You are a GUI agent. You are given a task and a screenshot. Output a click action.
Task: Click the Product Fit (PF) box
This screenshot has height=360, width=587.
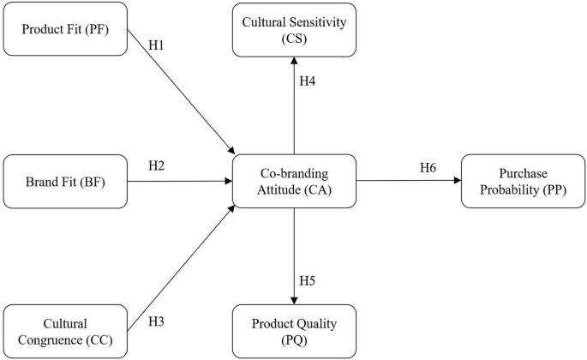[x=65, y=30]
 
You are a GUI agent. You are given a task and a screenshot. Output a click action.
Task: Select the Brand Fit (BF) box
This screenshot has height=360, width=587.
[x=65, y=182]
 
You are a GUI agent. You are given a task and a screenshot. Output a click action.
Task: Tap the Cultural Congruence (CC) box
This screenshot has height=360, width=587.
[x=65, y=331]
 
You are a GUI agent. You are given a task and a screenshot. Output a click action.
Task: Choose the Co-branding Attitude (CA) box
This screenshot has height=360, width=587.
[x=294, y=180]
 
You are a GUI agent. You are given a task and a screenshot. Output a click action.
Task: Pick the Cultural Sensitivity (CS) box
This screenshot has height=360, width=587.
[x=294, y=30]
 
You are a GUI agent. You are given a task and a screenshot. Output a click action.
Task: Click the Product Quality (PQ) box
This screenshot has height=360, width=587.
[x=294, y=331]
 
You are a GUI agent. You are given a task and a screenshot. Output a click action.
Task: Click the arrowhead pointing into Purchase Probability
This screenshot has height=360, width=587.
[x=457, y=181]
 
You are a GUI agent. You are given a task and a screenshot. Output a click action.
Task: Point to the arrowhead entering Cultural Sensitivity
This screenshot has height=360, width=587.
[x=294, y=62]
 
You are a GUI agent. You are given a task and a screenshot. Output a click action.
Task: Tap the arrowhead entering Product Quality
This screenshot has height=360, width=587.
[x=294, y=300]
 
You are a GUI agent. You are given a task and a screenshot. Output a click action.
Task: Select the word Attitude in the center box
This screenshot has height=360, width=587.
[x=273, y=188]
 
